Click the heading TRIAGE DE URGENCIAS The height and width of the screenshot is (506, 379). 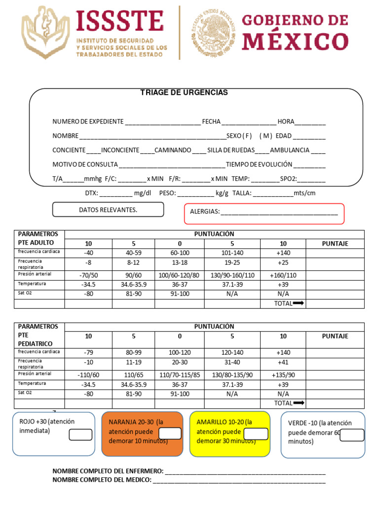tap(184, 93)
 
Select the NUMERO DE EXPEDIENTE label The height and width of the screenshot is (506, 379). tap(88, 122)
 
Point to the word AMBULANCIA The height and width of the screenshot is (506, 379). tap(290, 150)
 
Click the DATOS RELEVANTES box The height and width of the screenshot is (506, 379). tap(108, 210)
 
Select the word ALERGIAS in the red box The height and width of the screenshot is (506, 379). tap(204, 211)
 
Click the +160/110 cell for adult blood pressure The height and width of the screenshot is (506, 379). tap(283, 275)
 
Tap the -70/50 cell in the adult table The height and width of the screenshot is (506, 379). tap(88, 275)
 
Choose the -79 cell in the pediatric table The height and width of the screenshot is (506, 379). tap(88, 353)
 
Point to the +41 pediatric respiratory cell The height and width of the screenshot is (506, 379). tap(283, 363)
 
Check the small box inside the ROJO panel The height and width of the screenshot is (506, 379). tap(80, 435)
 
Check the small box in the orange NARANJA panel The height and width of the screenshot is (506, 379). tap(169, 433)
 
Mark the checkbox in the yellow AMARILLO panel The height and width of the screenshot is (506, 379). tap(256, 434)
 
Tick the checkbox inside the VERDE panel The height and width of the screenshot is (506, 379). tap(352, 435)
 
